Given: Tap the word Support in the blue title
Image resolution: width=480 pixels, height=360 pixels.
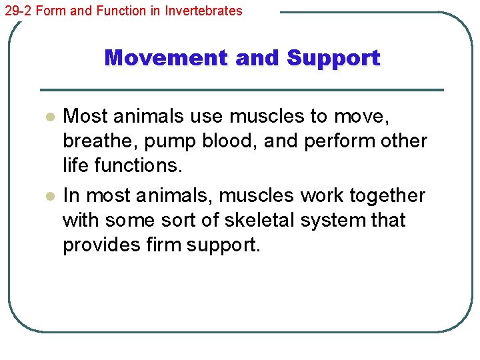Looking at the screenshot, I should point(333,58).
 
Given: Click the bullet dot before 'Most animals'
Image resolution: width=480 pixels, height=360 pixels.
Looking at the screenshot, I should point(48,117).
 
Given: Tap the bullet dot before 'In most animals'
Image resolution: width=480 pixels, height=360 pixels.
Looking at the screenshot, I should point(48,197).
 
